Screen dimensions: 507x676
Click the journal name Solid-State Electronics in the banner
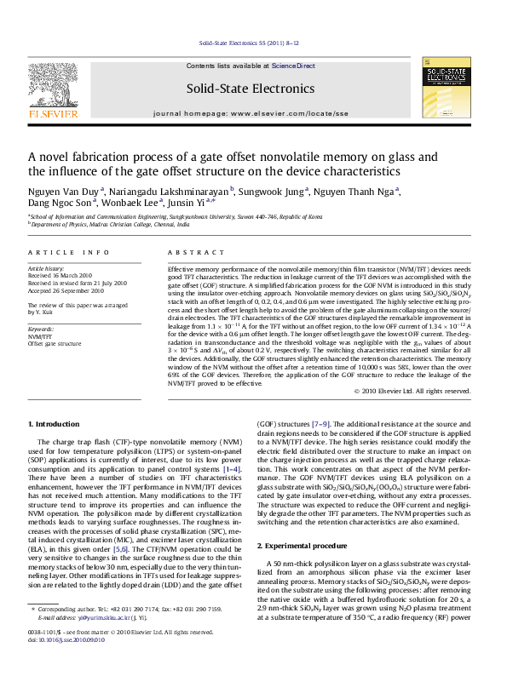253,89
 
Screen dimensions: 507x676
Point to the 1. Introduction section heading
55,423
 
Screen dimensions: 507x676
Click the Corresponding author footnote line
128,634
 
